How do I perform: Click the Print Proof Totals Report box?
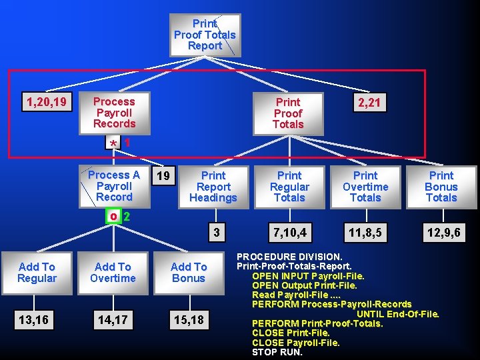(205, 35)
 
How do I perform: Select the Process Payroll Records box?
(114, 113)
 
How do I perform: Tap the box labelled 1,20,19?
(46, 102)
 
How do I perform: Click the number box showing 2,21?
(369, 103)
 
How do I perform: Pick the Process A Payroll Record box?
(114, 186)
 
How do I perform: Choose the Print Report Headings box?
(213, 187)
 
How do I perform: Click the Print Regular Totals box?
(289, 187)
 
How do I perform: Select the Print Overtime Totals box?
(365, 187)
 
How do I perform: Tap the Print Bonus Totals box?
(441, 187)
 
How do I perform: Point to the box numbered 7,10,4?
(289, 233)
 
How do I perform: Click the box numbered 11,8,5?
(365, 233)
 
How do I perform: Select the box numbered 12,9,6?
(441, 233)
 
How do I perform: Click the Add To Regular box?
(37, 273)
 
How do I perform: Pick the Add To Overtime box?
(113, 273)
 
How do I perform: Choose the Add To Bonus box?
(189, 273)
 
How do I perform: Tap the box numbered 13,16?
(33, 321)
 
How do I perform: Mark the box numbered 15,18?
(189, 321)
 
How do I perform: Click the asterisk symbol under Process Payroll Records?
(114, 144)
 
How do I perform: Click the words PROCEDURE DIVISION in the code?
(290, 257)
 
